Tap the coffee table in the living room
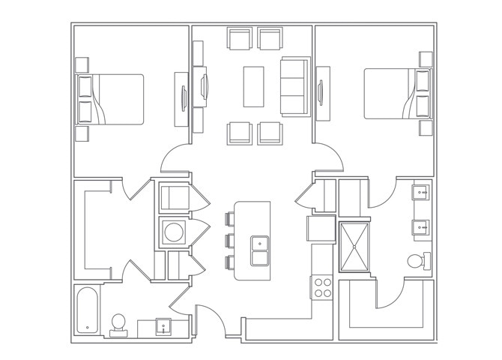[253, 86]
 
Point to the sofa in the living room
[294, 86]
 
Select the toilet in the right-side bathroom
[417, 261]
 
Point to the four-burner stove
[322, 286]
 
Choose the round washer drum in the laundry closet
[174, 232]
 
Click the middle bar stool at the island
[228, 241]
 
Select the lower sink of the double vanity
[420, 226]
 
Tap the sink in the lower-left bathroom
[163, 326]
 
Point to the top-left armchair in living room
[241, 39]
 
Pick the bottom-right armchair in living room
[270, 133]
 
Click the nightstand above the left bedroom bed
[81, 63]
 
